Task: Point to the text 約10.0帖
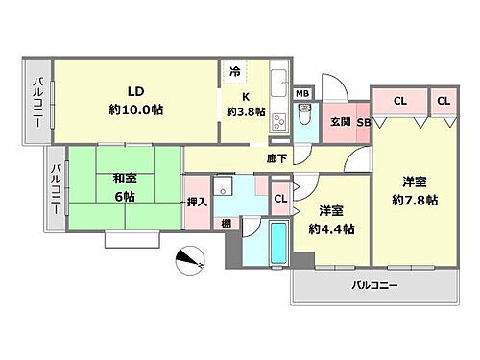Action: coord(134,110)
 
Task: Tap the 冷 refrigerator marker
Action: coord(236,71)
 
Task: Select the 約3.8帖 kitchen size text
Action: coord(245,110)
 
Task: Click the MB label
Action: coord(303,93)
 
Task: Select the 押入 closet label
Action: coord(195,202)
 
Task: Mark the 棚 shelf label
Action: coord(224,224)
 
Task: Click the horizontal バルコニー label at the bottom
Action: coord(373,285)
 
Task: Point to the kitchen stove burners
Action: coord(278,122)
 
